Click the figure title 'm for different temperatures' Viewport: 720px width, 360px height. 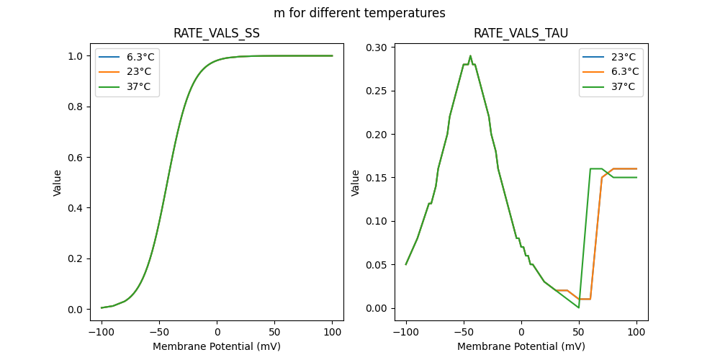click(359, 13)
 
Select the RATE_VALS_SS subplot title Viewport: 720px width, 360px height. click(217, 34)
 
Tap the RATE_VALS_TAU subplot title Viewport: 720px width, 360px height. click(521, 34)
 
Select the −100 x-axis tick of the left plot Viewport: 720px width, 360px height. click(102, 333)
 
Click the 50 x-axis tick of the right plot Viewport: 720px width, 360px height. click(579, 333)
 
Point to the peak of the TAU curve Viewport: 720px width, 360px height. click(470, 56)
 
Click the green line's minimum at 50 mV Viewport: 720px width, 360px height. click(579, 307)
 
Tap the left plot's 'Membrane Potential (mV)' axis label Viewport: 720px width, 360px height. click(217, 346)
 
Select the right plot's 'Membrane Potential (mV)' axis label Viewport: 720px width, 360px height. click(521, 346)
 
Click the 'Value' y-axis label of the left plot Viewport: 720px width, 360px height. click(58, 183)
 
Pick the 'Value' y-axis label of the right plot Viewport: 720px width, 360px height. click(355, 183)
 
